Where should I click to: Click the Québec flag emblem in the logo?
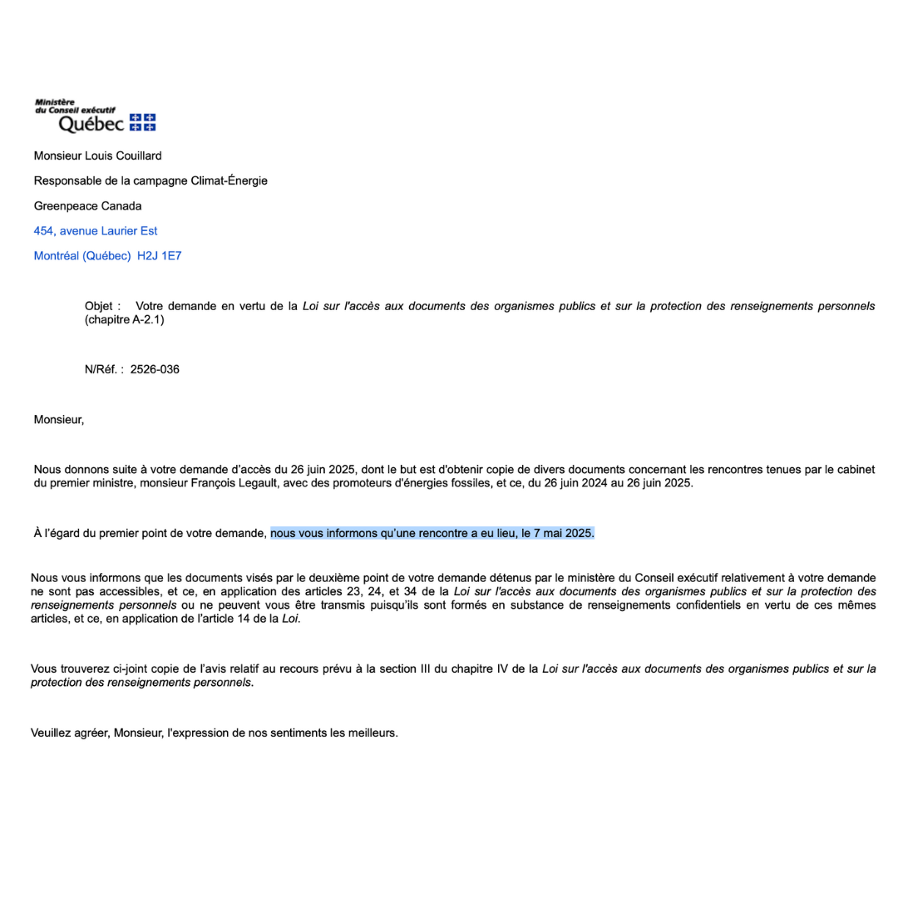click(x=143, y=122)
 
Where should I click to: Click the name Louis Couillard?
click(x=123, y=155)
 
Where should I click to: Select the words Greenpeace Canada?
click(x=87, y=205)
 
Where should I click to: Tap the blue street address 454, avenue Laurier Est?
click(x=95, y=230)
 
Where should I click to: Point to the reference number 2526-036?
click(x=155, y=369)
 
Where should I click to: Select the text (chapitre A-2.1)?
click(x=125, y=319)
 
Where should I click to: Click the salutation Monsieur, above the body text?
click(x=58, y=419)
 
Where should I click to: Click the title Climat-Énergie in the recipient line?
click(x=229, y=180)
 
